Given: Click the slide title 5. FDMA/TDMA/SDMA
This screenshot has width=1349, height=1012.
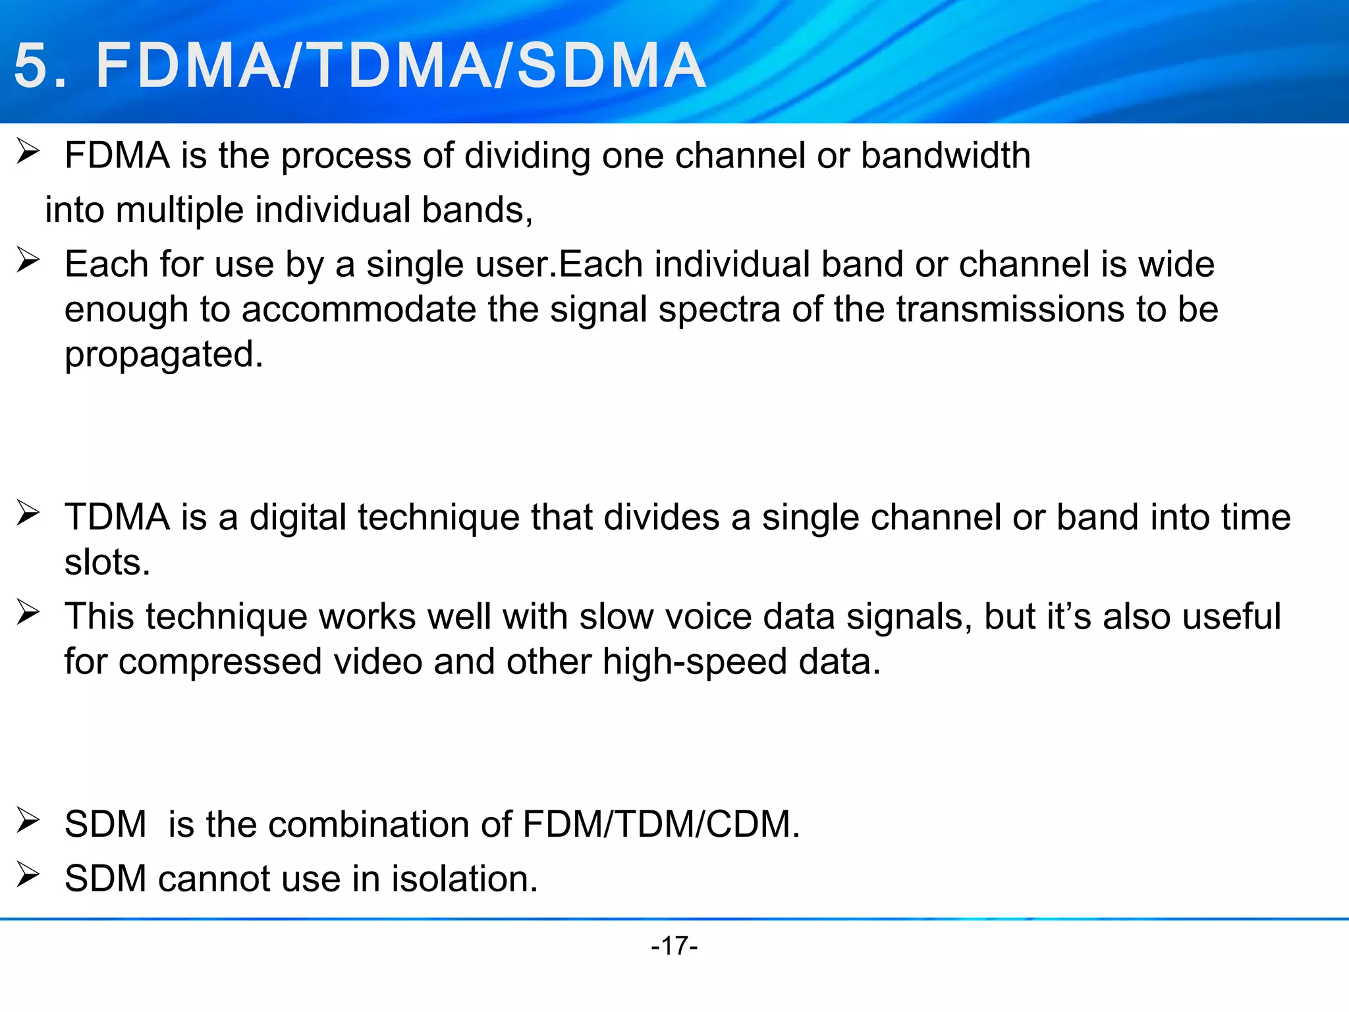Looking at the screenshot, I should [360, 65].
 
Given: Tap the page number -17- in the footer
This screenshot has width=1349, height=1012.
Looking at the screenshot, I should [674, 945].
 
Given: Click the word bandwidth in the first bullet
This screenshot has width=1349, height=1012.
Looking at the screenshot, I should [945, 155].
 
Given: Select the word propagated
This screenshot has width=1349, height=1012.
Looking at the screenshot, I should [163, 354].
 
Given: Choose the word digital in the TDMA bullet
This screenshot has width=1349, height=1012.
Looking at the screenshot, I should [298, 517].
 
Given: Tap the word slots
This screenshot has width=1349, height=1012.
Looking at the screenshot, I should [107, 562].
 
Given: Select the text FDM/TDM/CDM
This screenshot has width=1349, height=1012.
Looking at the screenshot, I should [661, 824].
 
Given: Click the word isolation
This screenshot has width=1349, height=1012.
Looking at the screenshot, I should [464, 878].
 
